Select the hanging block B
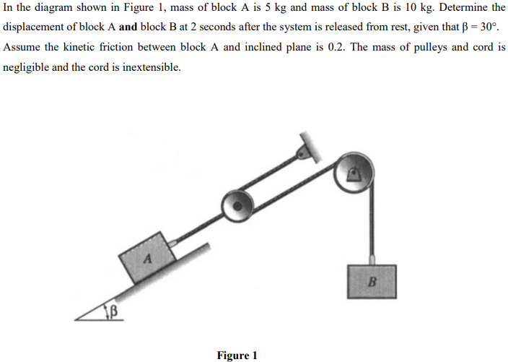[x=372, y=281]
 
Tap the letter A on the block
[x=147, y=257]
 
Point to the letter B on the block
[x=372, y=280]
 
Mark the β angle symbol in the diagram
[x=113, y=313]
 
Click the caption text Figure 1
[x=237, y=355]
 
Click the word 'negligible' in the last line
[x=27, y=66]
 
